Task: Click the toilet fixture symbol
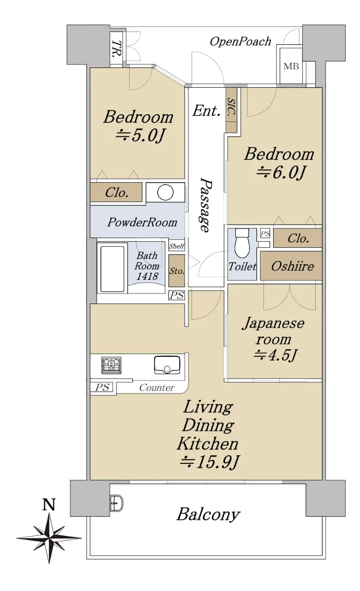point(242,243)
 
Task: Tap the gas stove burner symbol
point(111,365)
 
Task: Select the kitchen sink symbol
point(167,365)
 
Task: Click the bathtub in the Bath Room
point(112,269)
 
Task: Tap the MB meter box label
point(291,66)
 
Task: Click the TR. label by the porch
point(116,49)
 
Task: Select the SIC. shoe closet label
point(231,108)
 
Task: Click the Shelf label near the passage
point(177,246)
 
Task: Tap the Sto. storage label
point(177,271)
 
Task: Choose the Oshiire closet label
point(293,266)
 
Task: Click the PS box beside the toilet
point(265,233)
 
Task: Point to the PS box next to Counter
point(102,387)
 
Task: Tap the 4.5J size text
point(275,355)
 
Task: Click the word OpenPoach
point(240,42)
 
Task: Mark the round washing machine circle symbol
point(165,192)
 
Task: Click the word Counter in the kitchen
point(157,388)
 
